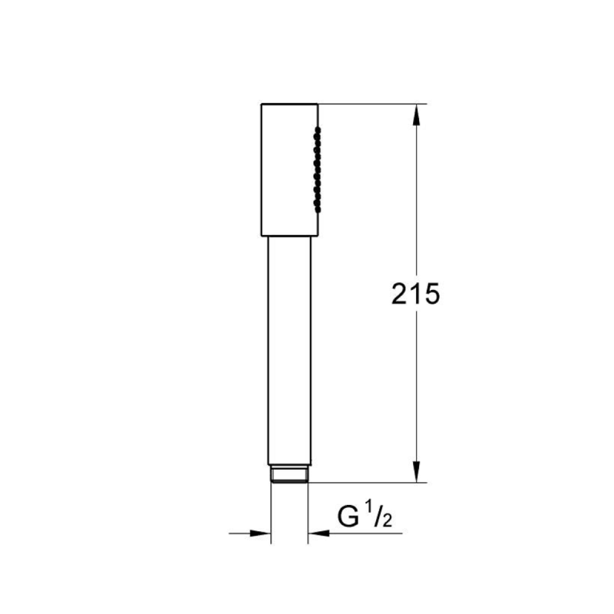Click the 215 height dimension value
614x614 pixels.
(x=415, y=294)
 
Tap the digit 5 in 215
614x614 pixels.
(x=432, y=294)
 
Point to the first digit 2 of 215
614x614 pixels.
(x=399, y=294)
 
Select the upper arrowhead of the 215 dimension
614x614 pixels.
(x=416, y=114)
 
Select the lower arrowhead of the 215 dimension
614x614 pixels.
(x=416, y=471)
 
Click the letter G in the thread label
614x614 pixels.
(x=348, y=517)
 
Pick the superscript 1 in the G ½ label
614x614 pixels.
(x=368, y=510)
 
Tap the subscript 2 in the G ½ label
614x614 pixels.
(x=387, y=521)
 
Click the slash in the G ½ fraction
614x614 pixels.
(x=378, y=517)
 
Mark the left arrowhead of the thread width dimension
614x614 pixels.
(x=260, y=533)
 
